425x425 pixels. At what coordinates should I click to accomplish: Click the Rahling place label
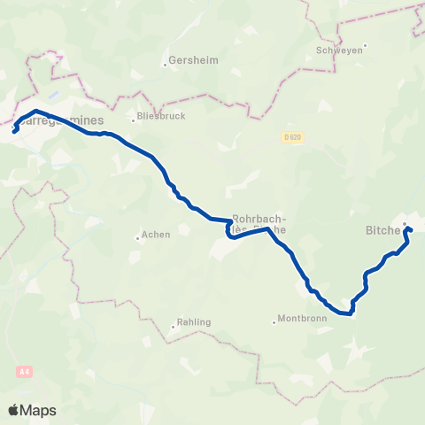(194, 322)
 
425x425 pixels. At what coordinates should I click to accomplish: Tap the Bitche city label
(384, 230)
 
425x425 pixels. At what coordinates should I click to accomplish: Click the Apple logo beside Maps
(13, 410)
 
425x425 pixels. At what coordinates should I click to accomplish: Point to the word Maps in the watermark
(38, 410)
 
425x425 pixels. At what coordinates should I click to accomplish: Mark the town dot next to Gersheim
(166, 64)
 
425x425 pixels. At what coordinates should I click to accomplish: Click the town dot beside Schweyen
(364, 46)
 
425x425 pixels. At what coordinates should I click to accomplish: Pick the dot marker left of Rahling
(172, 327)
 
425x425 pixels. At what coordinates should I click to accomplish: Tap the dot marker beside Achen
(137, 236)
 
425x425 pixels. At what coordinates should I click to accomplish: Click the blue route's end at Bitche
(409, 230)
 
